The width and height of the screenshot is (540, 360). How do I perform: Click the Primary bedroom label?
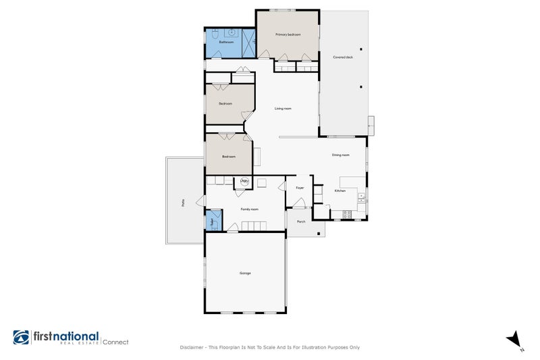point(288,34)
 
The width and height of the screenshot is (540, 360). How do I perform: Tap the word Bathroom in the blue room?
point(217,42)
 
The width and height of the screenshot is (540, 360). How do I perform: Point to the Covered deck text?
point(343,57)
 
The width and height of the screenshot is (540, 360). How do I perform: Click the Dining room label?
point(340,155)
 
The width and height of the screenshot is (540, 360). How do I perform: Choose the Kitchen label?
point(340,191)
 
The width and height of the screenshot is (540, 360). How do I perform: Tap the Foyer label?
point(300,187)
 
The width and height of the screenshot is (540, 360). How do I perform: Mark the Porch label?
point(301,222)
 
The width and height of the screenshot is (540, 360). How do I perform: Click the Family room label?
point(250,209)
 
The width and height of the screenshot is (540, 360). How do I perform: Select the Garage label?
point(245,273)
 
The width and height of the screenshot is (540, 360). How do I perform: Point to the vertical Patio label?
point(182,201)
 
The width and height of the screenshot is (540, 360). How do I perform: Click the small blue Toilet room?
point(210,222)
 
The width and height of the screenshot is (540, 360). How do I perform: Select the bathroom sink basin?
point(232,31)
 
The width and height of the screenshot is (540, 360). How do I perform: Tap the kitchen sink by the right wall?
point(362,197)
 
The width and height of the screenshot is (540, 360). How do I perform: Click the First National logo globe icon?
point(22,338)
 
